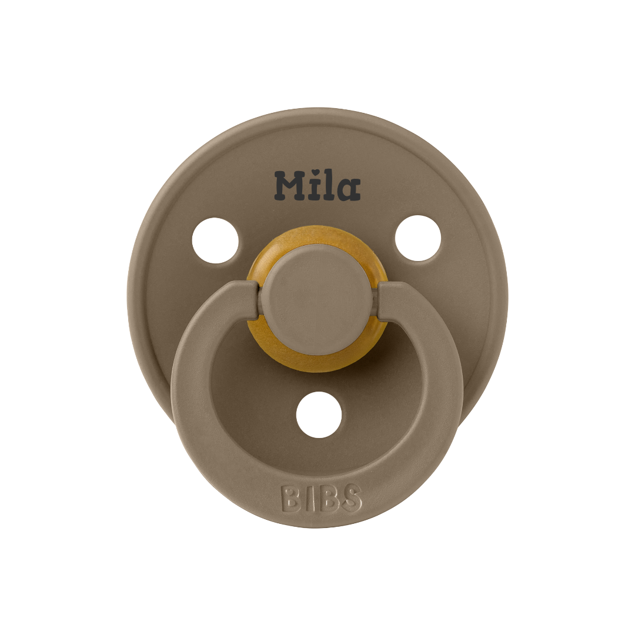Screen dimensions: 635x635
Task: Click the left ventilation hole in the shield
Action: (x=215, y=240)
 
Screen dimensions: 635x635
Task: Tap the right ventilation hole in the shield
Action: (x=418, y=238)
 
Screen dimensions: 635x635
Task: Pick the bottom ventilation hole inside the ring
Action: (x=319, y=415)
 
